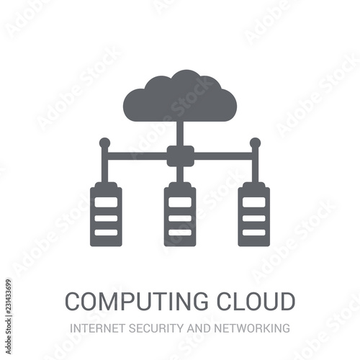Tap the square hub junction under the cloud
tap(181, 156)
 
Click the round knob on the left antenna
tap(104, 143)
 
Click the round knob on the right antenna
tap(255, 143)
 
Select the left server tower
tap(106, 214)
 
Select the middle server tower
tap(180, 214)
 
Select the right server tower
tap(254, 214)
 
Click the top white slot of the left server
tap(106, 202)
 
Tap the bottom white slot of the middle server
tap(180, 233)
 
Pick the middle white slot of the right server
tap(254, 218)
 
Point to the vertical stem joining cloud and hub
tap(180, 133)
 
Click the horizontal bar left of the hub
tap(138, 156)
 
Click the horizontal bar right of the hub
tap(223, 156)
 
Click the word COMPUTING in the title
tap(137, 301)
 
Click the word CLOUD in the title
tap(256, 301)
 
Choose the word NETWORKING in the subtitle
tap(252, 328)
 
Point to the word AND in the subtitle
tap(199, 328)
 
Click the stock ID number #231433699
tap(9, 297)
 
